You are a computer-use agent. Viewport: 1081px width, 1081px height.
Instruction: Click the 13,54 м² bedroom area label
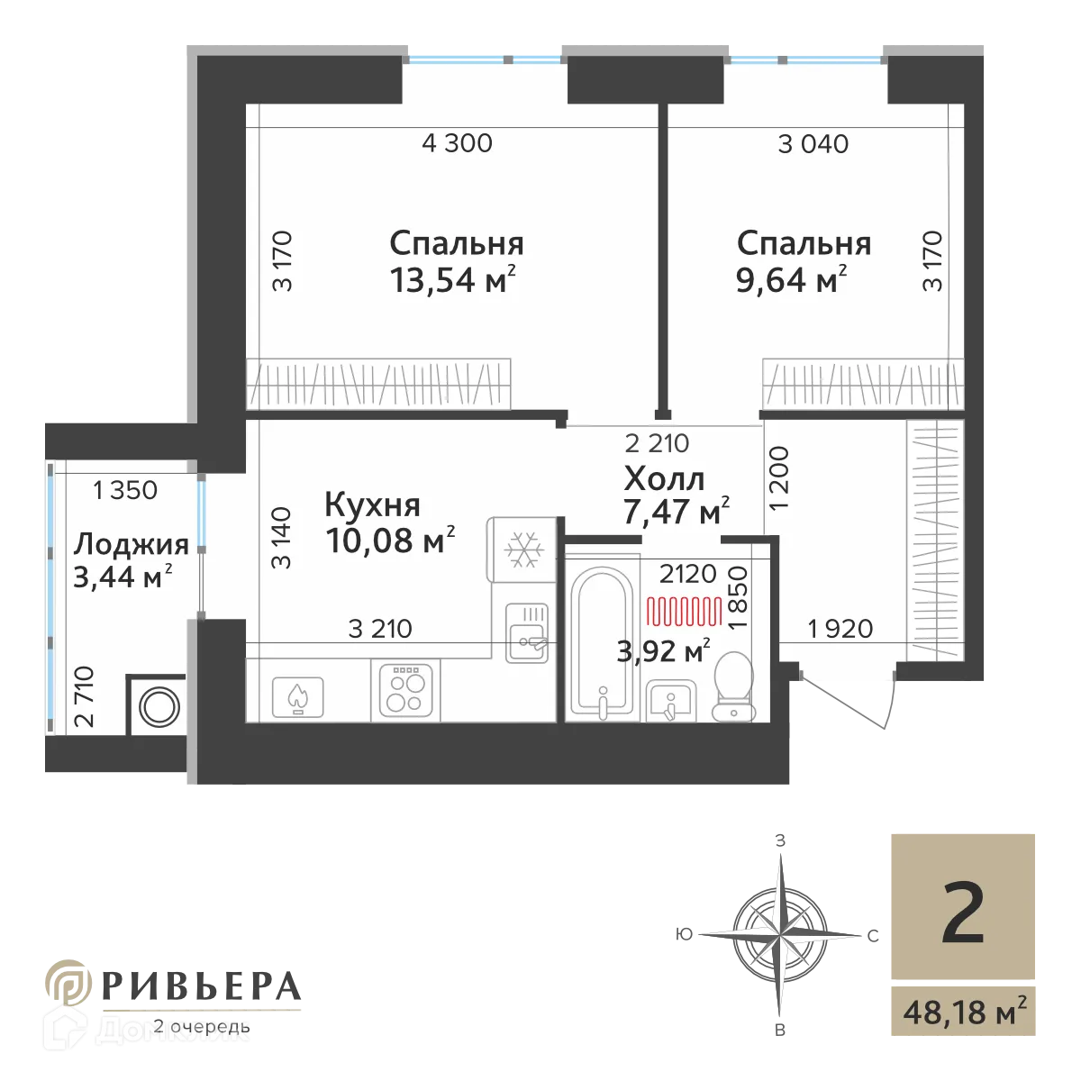(453, 280)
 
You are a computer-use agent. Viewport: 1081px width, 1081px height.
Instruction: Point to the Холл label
(664, 478)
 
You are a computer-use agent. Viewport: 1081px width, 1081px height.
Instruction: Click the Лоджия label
(131, 544)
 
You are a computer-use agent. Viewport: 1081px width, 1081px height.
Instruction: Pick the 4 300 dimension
(457, 143)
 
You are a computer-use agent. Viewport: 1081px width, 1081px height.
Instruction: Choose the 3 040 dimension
(813, 143)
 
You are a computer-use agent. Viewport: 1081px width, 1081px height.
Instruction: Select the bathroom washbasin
(671, 700)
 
